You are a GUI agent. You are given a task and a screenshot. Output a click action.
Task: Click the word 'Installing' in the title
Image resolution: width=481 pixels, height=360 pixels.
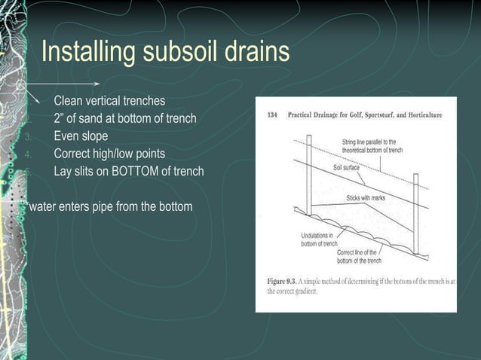pyautogui.click(x=86, y=53)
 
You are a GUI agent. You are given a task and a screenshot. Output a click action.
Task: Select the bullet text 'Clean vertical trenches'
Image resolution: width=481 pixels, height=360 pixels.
pyautogui.click(x=109, y=101)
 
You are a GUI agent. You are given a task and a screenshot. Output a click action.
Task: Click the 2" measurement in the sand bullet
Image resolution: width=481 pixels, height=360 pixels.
pyautogui.click(x=60, y=118)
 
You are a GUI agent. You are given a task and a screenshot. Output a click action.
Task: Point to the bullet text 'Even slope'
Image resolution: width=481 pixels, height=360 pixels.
pyautogui.click(x=81, y=136)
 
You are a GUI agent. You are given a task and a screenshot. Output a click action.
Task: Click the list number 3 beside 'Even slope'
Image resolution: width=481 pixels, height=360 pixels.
pyautogui.click(x=27, y=137)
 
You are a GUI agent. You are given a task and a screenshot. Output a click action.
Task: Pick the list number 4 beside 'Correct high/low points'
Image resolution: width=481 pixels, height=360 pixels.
pyautogui.click(x=27, y=154)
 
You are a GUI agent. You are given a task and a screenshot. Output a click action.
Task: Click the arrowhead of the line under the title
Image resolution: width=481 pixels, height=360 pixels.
pyautogui.click(x=97, y=83)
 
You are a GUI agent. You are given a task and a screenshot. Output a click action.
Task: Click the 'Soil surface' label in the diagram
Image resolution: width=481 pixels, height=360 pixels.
pyautogui.click(x=349, y=168)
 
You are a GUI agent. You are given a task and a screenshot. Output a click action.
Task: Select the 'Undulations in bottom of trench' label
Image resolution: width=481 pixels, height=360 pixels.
pyautogui.click(x=317, y=239)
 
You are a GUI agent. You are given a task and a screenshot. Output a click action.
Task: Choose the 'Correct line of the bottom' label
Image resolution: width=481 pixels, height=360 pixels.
pyautogui.click(x=359, y=256)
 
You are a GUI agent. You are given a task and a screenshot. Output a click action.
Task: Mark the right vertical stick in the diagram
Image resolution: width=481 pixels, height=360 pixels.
pyautogui.click(x=415, y=211)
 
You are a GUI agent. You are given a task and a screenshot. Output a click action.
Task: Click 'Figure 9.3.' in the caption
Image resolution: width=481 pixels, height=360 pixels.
pyautogui.click(x=283, y=281)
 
